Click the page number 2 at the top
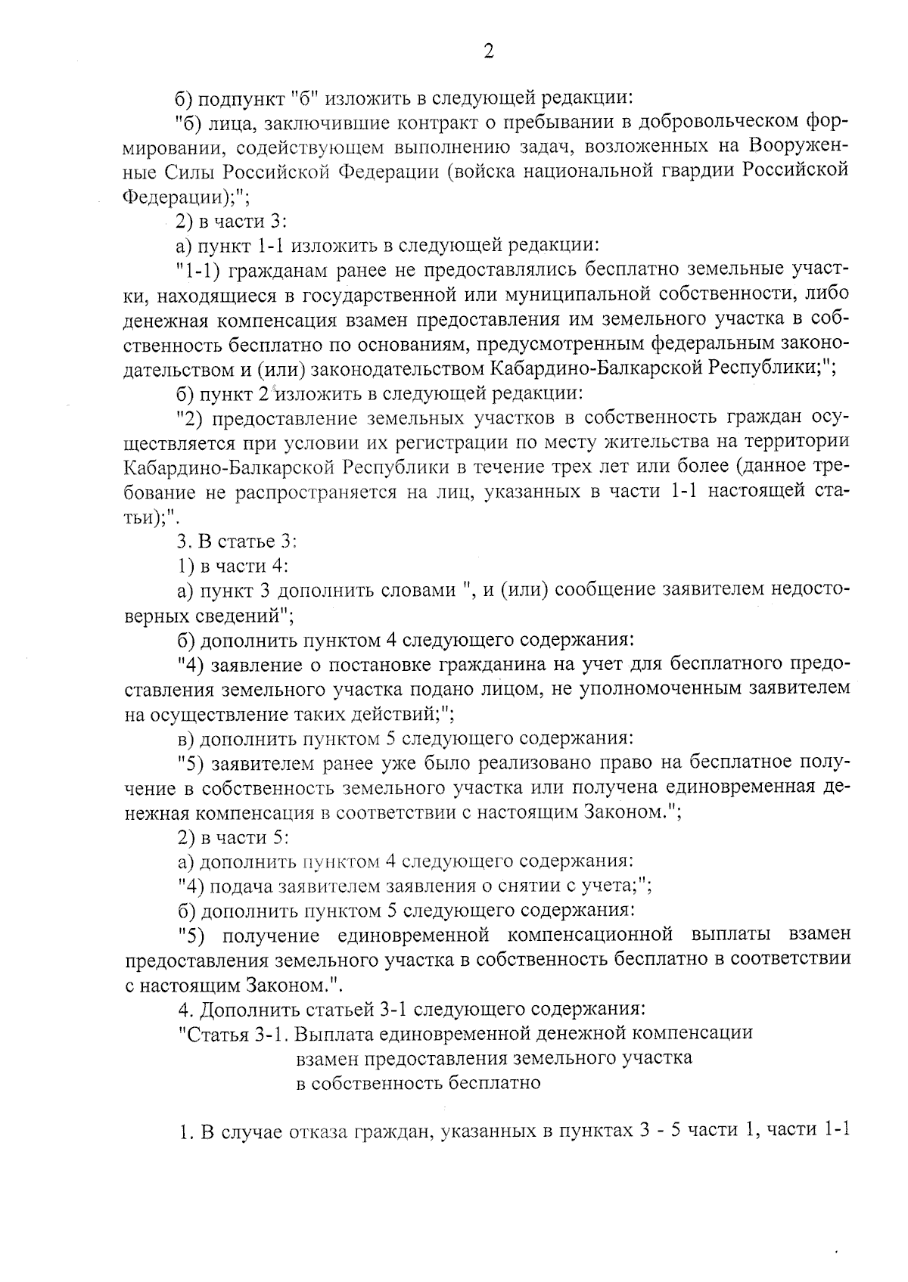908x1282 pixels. point(487,51)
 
